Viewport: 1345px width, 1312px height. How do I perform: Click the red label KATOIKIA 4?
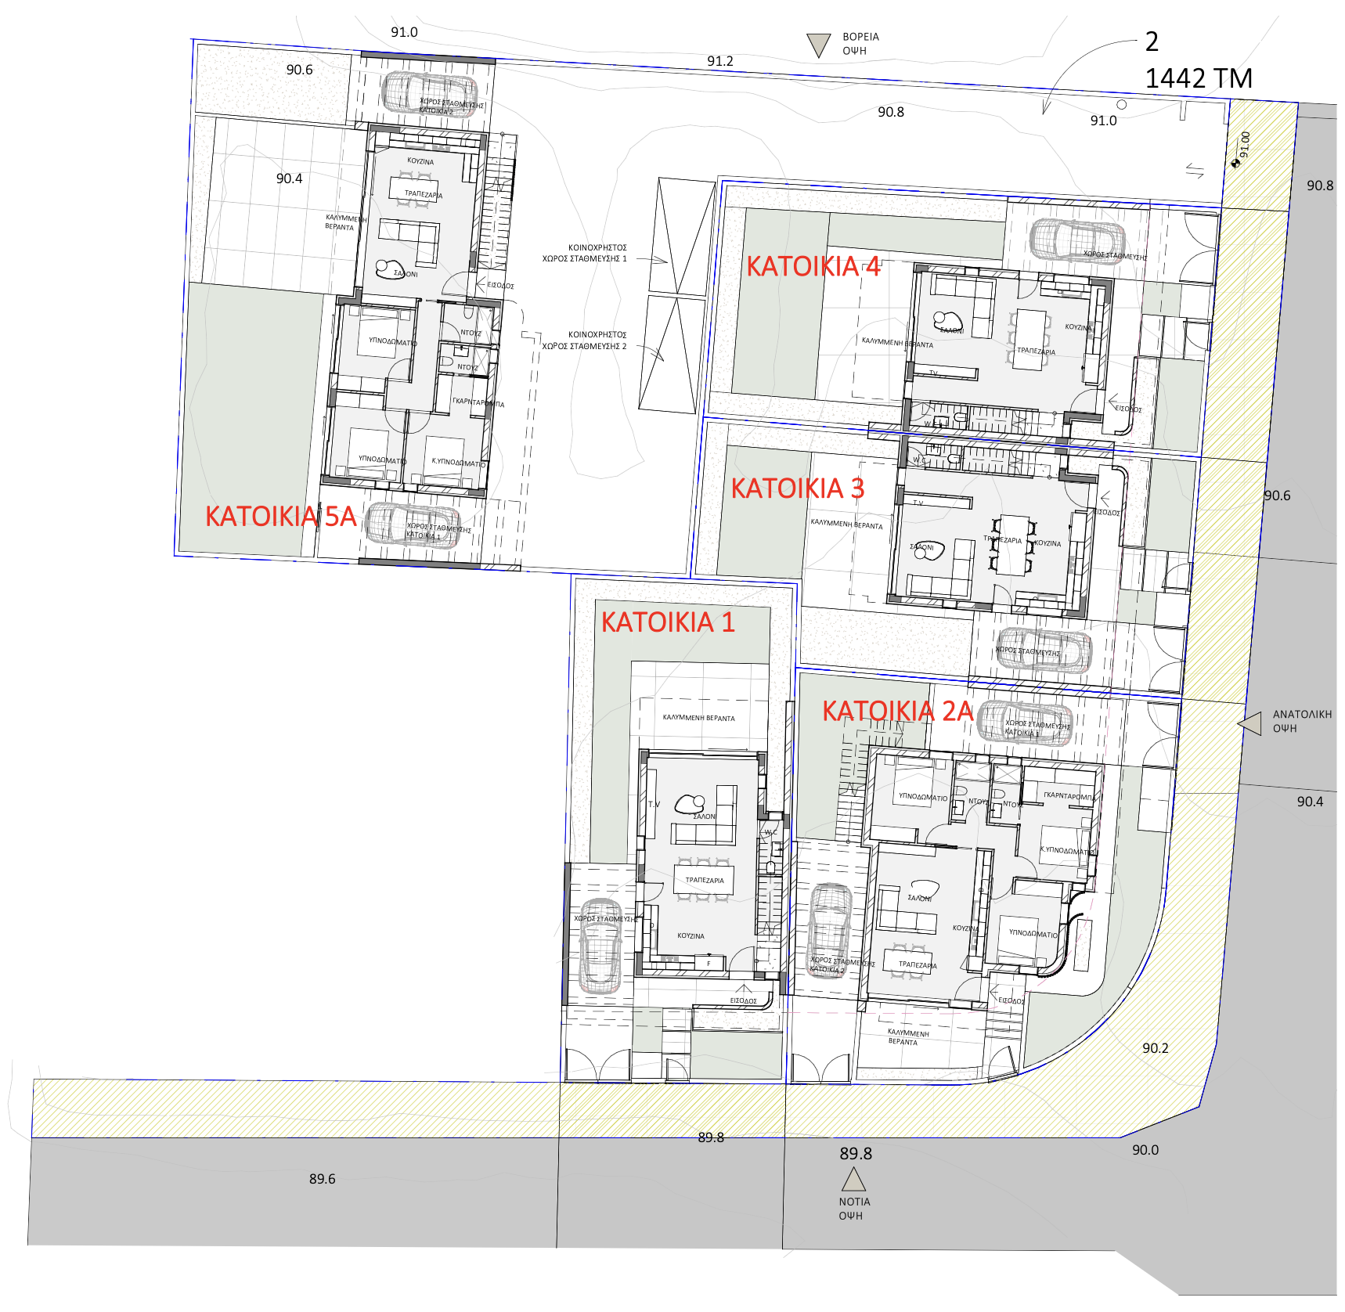pos(813,266)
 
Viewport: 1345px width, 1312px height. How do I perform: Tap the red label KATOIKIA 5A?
pos(280,517)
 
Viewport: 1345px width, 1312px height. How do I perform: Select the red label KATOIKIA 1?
pos(668,622)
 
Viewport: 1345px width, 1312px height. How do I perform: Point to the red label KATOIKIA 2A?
pos(897,711)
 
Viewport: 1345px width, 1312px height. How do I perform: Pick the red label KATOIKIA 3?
pos(797,488)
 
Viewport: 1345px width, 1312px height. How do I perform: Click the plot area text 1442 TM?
pos(1198,78)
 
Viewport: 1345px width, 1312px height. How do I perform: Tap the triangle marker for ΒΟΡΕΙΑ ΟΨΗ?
pos(818,44)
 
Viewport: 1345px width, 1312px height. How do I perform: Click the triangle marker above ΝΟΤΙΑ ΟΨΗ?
pos(853,1179)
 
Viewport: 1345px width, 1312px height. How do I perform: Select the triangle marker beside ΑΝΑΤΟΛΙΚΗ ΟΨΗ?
pos(1251,723)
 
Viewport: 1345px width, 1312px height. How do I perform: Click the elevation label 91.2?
pos(719,61)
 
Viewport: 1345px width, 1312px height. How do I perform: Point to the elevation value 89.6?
pos(322,1179)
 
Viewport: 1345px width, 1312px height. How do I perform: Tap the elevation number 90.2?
pos(1155,1048)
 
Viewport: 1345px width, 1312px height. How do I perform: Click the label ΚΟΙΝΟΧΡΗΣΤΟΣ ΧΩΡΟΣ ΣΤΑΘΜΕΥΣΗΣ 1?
pos(585,253)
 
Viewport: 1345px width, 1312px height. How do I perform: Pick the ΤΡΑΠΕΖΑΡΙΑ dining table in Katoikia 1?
pos(705,880)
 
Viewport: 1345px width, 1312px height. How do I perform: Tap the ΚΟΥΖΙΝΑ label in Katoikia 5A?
pos(420,161)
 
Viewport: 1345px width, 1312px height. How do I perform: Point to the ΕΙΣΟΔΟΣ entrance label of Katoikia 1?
pos(743,1000)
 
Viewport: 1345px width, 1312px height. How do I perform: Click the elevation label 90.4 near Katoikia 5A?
pos(289,178)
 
